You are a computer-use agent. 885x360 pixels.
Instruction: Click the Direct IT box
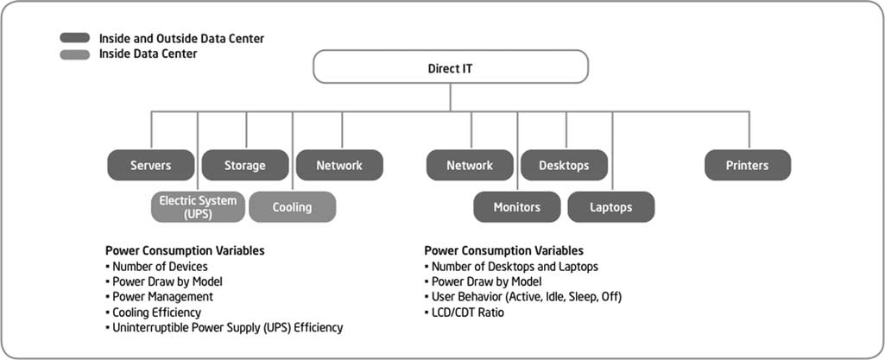(451, 66)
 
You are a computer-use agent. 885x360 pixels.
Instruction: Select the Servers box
(151, 166)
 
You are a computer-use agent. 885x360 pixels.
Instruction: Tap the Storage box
(245, 166)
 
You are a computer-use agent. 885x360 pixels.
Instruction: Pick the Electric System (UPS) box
(198, 207)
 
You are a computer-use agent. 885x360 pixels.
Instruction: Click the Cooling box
(293, 207)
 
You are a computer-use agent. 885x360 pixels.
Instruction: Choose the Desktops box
(564, 166)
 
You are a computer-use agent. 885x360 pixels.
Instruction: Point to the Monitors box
(517, 207)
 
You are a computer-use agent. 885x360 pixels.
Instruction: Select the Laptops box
(611, 207)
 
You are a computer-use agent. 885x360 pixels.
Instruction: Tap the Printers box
(747, 166)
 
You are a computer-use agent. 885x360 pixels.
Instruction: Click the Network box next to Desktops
(470, 166)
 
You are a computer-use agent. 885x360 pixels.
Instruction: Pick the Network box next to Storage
(339, 166)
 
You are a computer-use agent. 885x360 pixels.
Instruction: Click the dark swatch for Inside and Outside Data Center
(74, 38)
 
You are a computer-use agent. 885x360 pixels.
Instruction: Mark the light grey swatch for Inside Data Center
(74, 54)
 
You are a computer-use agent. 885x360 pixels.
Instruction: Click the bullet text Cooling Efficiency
(156, 312)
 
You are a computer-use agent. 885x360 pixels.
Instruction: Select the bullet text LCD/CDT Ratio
(467, 312)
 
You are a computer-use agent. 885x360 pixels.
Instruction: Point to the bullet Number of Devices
(160, 267)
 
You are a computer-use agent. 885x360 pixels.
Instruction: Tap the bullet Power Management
(162, 297)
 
